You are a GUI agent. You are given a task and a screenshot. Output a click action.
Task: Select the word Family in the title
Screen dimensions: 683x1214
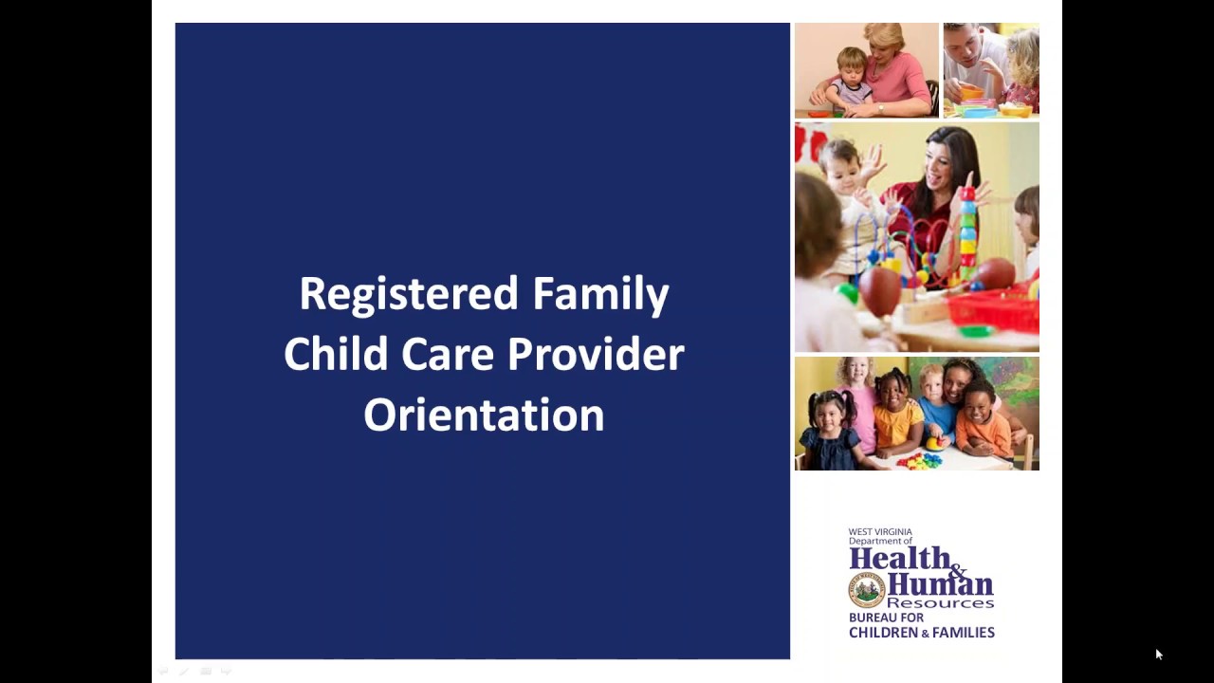pos(600,294)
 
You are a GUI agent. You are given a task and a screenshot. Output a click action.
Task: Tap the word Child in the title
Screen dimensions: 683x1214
pos(336,355)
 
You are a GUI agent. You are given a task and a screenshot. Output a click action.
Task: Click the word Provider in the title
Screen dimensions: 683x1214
pos(596,355)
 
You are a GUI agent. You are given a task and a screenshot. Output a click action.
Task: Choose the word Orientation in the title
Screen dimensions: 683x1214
pos(484,415)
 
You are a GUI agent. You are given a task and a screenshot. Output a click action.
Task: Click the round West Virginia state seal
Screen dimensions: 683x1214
pos(866,589)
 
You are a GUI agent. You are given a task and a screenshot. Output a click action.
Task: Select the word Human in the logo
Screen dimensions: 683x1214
pos(939,583)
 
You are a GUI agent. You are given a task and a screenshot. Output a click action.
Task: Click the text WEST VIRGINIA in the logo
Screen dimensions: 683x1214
pos(879,532)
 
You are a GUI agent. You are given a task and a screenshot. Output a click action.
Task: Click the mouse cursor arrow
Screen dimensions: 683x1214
pos(1158,654)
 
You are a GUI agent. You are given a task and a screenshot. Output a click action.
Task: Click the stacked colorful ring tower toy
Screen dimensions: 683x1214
pos(967,232)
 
